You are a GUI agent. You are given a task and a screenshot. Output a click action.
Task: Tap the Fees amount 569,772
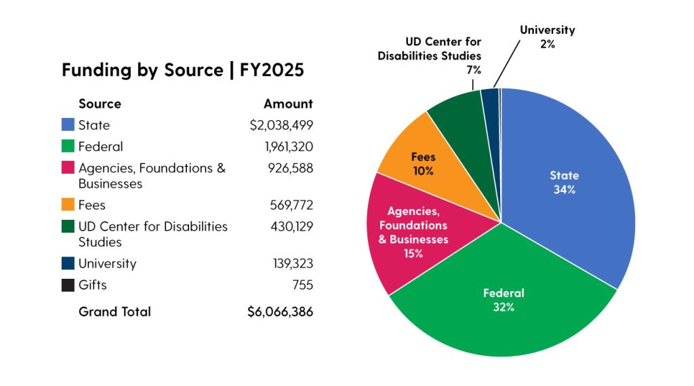point(291,205)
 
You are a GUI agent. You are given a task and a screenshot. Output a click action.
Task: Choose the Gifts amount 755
point(303,285)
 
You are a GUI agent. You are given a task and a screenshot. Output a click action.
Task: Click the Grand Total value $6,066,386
point(281,312)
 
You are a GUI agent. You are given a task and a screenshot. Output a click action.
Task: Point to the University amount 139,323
point(291,264)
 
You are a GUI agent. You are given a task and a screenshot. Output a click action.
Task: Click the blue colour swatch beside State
point(68,126)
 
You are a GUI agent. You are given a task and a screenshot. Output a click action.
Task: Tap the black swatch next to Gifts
point(68,285)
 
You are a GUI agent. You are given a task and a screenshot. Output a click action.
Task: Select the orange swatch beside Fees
point(68,205)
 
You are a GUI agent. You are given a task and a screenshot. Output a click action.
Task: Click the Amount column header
point(288,104)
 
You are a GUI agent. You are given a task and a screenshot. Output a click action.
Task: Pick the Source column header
point(100,104)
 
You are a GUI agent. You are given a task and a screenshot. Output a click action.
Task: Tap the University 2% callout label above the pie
point(547,37)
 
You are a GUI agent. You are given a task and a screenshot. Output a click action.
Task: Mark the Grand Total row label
point(115,312)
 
